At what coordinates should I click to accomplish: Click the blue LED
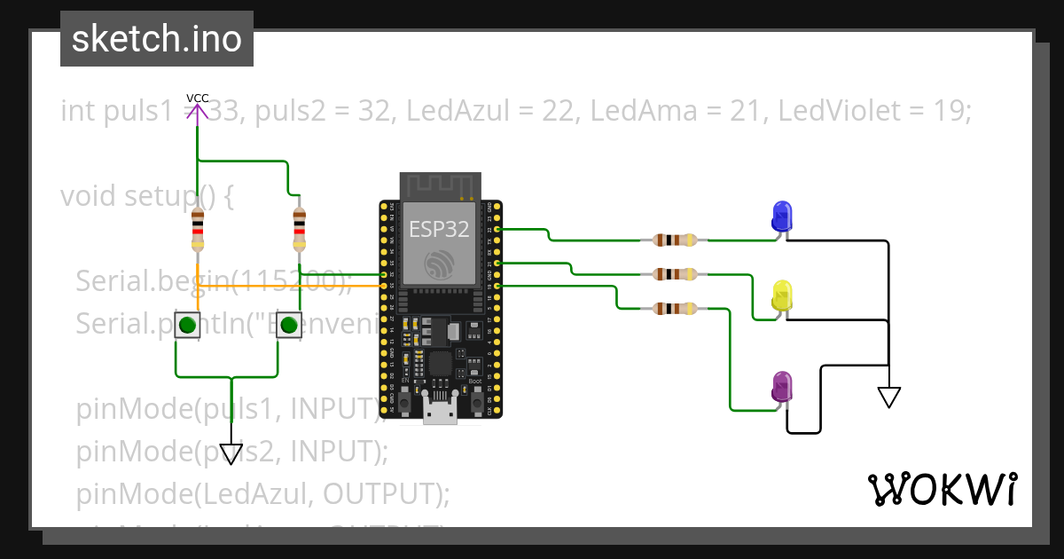782,216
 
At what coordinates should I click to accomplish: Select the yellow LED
782,295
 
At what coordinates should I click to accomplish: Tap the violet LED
782,387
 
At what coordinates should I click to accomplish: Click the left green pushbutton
187,326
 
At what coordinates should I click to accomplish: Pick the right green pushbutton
288,326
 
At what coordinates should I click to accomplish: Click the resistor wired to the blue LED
674,240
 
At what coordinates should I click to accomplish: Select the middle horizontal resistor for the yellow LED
674,274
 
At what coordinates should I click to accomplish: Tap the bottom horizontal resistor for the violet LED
674,309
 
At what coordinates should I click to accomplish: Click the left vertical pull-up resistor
198,231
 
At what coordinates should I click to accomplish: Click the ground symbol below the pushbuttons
231,453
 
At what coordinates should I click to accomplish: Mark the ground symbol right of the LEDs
888,397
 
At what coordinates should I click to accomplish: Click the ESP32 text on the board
439,229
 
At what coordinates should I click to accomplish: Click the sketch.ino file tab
157,39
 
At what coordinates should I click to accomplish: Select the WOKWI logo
942,489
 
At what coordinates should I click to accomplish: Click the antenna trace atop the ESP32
441,186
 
